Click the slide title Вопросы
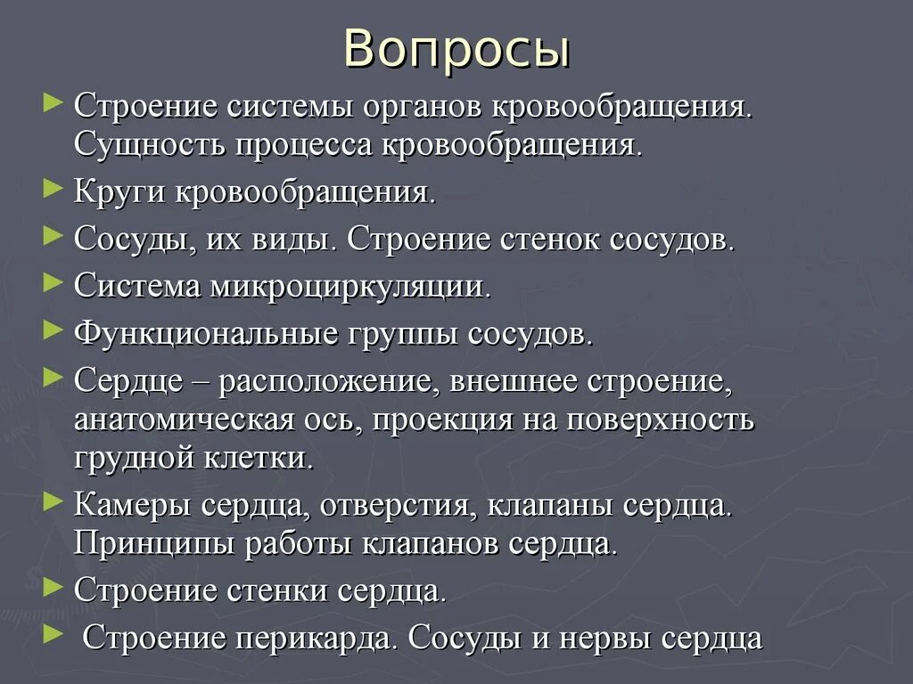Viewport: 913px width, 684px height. pyautogui.click(x=456, y=50)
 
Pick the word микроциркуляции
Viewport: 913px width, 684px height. pyautogui.click(x=350, y=287)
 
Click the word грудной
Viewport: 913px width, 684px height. pyautogui.click(x=129, y=460)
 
